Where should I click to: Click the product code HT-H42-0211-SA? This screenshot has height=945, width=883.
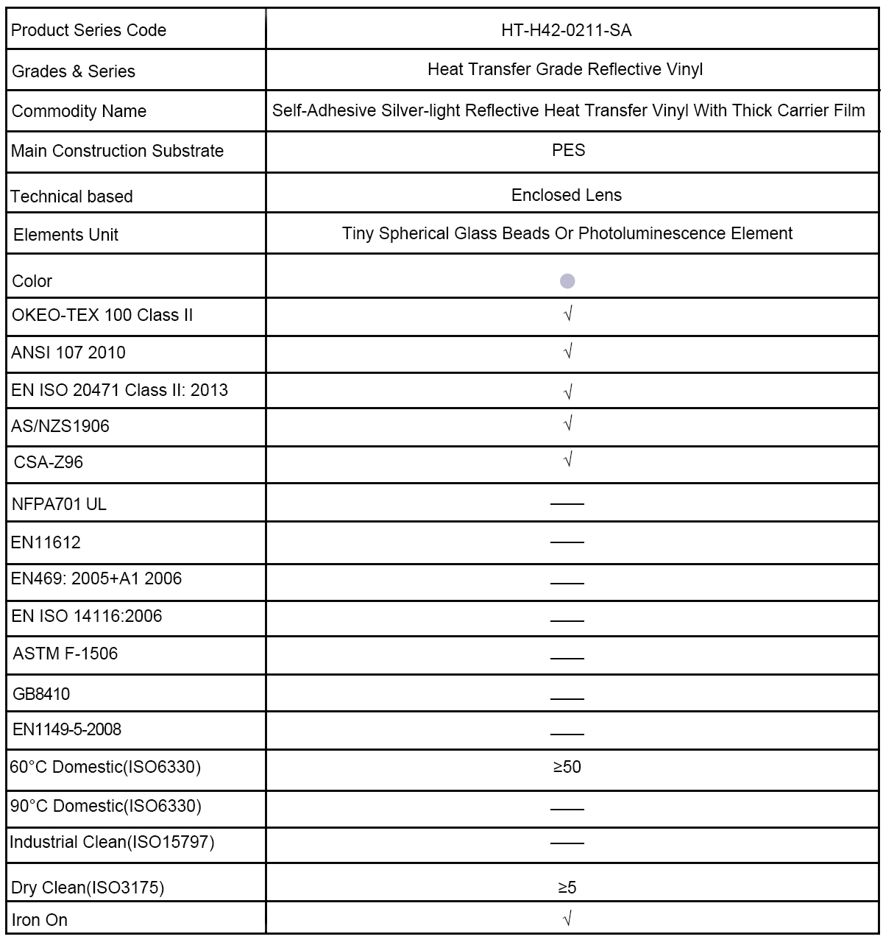[x=567, y=30]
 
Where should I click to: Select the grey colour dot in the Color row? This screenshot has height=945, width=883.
[x=567, y=280]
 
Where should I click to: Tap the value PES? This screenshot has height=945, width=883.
[x=568, y=150]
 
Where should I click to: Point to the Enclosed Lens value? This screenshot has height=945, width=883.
[x=567, y=195]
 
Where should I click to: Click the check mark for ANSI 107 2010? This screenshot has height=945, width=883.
[x=567, y=352]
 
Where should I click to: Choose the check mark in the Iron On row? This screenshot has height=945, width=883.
[x=567, y=918]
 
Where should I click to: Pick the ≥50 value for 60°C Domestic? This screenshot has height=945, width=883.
[x=567, y=767]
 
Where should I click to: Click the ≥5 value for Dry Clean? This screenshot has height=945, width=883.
[x=567, y=888]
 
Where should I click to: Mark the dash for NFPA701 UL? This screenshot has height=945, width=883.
[x=567, y=504]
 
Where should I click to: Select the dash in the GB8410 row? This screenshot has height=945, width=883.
[x=567, y=697]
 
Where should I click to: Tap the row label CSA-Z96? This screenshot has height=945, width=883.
[x=49, y=462]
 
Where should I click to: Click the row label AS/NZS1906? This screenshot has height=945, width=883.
[x=60, y=426]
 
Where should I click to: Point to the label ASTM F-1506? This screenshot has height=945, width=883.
[x=65, y=654]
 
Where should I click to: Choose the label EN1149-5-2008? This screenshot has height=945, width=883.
[x=67, y=729]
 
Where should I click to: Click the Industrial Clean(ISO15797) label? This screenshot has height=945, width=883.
[x=112, y=842]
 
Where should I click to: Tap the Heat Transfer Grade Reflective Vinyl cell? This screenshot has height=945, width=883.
[x=565, y=69]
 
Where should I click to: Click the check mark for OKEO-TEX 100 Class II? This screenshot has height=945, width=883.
[x=567, y=314]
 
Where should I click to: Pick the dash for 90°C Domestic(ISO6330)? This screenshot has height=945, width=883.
[x=567, y=808]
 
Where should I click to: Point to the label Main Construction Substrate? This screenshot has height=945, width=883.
[x=118, y=151]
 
